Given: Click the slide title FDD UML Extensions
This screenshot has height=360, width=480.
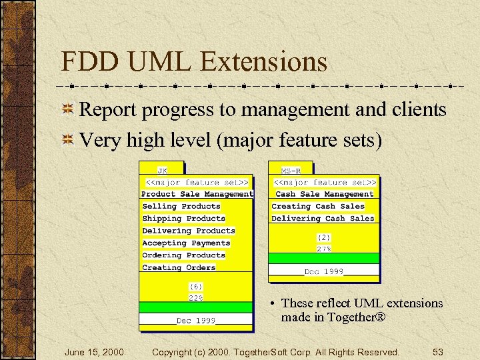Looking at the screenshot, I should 194,62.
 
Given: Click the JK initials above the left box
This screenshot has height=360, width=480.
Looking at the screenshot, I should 163,170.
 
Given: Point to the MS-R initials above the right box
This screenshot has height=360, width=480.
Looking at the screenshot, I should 291,170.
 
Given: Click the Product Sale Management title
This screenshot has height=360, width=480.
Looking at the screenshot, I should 197,194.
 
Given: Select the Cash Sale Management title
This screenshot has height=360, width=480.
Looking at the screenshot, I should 325,194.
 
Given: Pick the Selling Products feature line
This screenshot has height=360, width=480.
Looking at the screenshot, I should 181,207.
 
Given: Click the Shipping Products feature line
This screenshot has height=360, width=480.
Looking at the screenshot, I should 184,219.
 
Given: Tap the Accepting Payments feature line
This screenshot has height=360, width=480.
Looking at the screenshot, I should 186,243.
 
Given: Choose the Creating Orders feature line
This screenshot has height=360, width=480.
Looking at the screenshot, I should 179,267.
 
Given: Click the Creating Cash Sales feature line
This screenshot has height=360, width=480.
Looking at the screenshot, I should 318,207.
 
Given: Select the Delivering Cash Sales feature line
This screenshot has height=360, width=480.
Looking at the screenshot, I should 323,219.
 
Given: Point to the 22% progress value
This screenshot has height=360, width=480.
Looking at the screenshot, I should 195,298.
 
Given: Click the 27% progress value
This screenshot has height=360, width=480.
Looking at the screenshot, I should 324,248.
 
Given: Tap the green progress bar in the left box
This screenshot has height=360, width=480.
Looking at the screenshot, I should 195,308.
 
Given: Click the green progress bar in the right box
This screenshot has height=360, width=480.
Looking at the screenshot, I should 324,259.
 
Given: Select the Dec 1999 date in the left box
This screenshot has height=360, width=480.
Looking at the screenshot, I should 196,321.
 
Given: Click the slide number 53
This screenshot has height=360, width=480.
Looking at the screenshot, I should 438,351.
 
